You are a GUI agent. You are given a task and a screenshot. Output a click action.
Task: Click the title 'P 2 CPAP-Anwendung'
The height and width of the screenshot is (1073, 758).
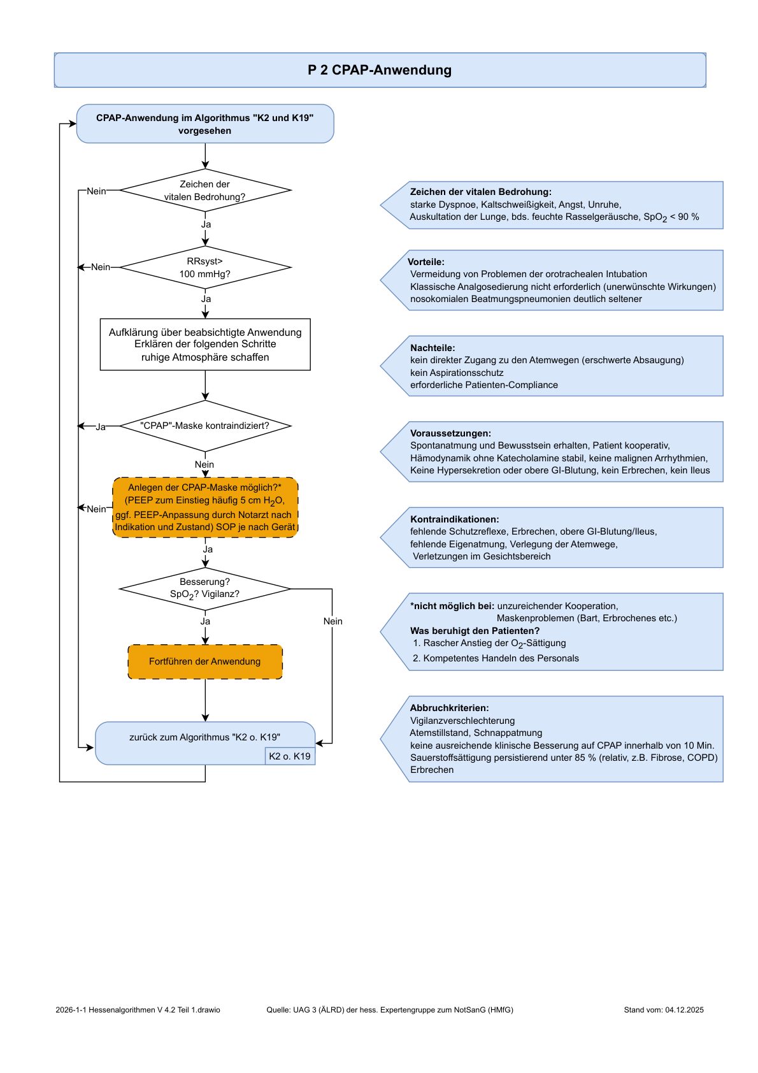[379, 70]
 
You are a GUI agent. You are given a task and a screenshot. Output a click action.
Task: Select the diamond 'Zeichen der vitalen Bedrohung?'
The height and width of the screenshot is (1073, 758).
[205, 190]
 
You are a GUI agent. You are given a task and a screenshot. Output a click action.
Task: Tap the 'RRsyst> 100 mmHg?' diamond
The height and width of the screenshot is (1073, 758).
[205, 267]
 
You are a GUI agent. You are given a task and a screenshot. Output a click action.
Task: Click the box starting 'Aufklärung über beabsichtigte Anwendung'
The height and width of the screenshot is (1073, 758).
[205, 345]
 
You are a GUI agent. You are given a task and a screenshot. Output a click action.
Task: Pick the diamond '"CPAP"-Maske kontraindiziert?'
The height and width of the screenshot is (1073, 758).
[205, 426]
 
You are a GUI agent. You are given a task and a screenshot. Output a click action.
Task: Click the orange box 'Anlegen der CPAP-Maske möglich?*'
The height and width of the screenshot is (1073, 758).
[205, 507]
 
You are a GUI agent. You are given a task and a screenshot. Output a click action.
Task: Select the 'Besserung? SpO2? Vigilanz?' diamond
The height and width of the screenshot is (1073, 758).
[205, 589]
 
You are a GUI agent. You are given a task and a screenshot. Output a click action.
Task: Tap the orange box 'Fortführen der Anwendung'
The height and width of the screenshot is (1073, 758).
[205, 661]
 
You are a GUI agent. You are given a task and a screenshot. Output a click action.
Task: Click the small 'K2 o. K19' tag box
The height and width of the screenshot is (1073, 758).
[290, 756]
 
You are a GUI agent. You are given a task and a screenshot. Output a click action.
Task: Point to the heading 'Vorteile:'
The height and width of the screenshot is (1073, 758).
[425, 262]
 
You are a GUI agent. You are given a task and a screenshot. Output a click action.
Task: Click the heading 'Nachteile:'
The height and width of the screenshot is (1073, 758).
[433, 348]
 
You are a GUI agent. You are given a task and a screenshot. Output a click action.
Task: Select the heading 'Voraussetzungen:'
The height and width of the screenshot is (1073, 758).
[450, 433]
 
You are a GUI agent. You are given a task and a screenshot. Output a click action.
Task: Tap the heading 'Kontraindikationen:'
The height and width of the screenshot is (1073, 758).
[454, 519]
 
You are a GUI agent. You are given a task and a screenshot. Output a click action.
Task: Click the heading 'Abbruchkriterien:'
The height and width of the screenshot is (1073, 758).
[449, 707]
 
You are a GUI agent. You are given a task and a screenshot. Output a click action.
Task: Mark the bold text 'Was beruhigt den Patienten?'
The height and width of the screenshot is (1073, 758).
[475, 631]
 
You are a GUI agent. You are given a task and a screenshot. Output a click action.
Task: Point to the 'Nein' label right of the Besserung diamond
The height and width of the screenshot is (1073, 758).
[333, 621]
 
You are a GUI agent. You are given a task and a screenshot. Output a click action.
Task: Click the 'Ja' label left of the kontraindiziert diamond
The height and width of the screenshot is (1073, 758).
[101, 427]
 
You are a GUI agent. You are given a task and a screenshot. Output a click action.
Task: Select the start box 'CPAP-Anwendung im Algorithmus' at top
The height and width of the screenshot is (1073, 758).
[205, 124]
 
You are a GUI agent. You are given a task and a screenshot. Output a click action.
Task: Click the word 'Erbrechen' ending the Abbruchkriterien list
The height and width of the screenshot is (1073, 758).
[431, 770]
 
